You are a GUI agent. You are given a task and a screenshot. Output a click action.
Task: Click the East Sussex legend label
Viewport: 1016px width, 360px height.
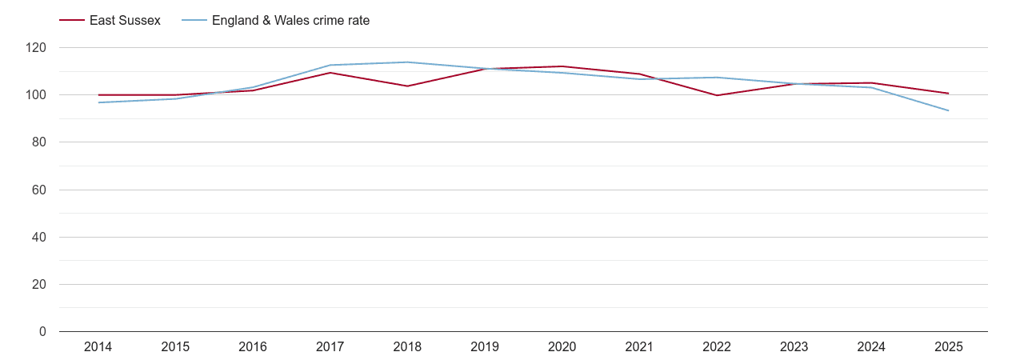(125, 21)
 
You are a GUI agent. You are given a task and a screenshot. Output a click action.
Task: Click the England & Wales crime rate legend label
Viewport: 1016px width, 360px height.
(290, 21)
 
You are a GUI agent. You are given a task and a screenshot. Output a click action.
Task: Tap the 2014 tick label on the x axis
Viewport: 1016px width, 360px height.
(98, 346)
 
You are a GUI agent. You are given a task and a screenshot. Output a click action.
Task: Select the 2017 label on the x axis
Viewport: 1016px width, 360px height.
(330, 346)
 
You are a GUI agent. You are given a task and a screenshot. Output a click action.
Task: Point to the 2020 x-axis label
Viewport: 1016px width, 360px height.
(562, 346)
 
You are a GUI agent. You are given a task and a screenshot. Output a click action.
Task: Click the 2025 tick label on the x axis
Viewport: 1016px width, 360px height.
(948, 346)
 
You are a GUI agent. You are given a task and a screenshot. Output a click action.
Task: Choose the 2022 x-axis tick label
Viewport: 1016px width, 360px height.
(716, 346)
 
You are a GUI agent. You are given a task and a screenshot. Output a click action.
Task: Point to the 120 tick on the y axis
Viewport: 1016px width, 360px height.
(36, 48)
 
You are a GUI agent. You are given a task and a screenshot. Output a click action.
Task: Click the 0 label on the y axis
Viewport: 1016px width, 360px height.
(42, 332)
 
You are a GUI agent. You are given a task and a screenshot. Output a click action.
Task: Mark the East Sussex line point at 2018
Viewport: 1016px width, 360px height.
(407, 86)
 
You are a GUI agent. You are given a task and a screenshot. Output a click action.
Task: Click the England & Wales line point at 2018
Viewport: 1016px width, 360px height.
(407, 62)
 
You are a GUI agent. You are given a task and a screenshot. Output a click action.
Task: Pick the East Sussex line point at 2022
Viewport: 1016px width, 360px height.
(716, 95)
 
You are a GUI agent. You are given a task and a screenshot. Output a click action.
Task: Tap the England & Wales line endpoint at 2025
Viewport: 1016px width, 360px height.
(948, 110)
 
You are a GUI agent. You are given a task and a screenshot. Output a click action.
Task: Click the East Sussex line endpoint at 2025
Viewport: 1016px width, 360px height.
(948, 94)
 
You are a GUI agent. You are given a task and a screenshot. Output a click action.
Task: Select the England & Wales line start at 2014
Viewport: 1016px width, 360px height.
(98, 102)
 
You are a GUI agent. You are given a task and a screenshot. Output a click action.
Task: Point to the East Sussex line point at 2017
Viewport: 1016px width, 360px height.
(330, 73)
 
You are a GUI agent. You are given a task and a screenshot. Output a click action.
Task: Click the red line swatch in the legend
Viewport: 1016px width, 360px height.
(72, 21)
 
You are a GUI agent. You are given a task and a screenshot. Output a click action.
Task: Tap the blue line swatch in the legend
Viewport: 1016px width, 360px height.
(194, 21)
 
